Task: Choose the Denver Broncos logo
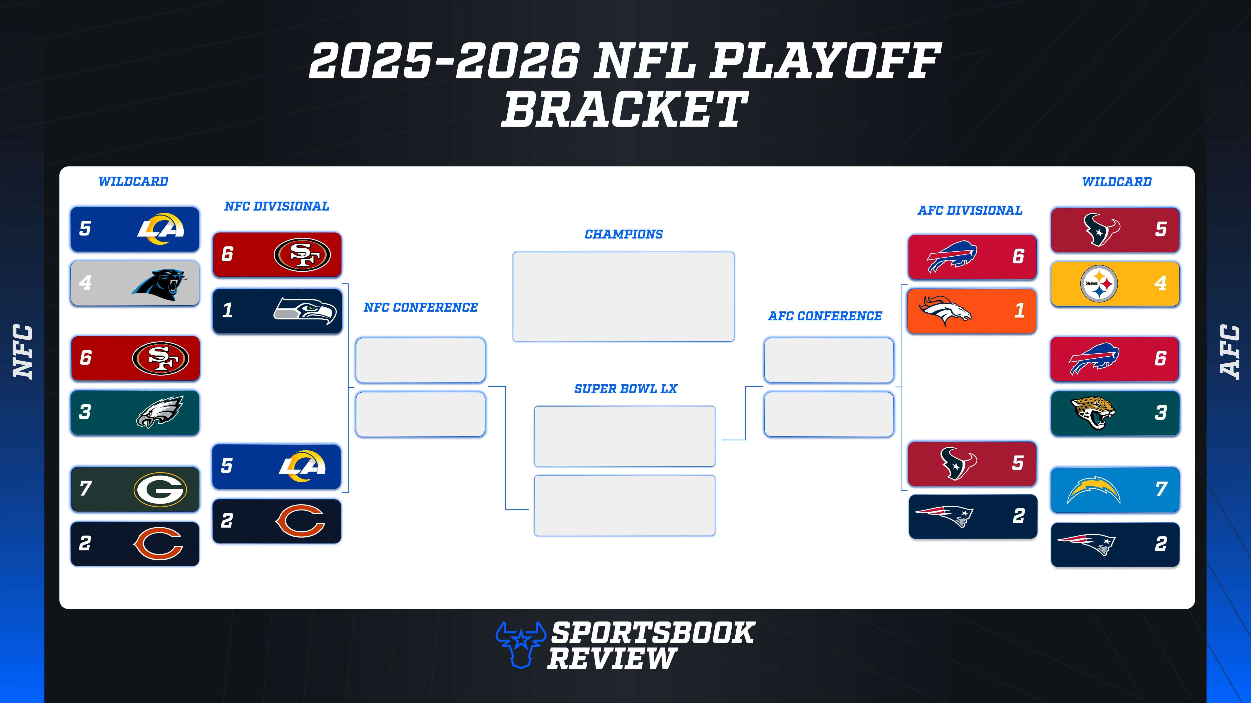point(945,310)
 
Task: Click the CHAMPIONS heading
point(623,234)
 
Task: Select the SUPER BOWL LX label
point(625,389)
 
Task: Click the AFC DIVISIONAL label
point(970,211)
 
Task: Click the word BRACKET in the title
point(624,110)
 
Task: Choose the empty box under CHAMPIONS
point(623,296)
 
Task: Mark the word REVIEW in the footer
point(612,659)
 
